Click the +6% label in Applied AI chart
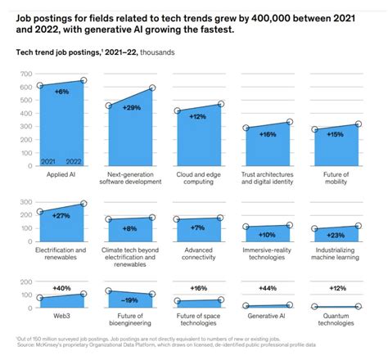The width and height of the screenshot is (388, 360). click(x=61, y=92)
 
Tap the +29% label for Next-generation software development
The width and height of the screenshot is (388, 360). click(x=130, y=108)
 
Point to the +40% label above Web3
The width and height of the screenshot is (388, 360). click(x=61, y=287)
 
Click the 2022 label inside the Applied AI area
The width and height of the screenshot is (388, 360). click(x=74, y=162)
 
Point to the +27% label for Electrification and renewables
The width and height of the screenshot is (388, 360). click(x=61, y=216)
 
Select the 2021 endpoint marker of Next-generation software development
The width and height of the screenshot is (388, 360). click(x=109, y=106)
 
